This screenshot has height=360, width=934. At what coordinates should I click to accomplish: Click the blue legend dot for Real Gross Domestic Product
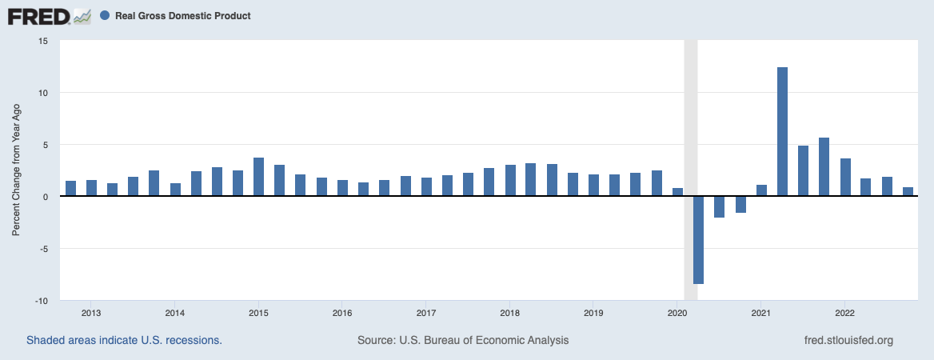(106, 15)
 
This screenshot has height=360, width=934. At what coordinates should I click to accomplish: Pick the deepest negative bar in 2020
(698, 240)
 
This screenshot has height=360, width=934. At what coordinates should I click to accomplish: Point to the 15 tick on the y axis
(44, 41)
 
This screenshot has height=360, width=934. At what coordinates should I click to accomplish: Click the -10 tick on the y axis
(42, 301)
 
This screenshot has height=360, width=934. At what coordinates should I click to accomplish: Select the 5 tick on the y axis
(46, 145)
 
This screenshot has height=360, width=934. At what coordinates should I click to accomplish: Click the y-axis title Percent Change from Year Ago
(17, 170)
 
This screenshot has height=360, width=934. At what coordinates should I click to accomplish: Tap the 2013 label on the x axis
(91, 312)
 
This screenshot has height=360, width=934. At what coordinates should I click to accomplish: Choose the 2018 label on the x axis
(509, 312)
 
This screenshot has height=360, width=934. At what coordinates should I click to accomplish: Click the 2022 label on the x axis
(845, 312)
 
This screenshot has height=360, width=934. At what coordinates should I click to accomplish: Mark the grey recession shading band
(691, 120)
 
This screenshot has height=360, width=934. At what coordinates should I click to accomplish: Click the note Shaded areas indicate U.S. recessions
(124, 340)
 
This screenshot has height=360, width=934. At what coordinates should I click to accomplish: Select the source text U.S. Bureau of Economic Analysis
(463, 340)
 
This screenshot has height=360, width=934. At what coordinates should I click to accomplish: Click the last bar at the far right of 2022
(908, 192)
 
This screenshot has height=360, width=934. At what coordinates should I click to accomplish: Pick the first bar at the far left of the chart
(70, 189)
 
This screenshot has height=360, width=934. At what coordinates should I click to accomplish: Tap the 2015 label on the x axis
(258, 312)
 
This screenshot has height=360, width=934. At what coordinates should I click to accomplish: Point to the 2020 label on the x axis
(677, 312)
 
